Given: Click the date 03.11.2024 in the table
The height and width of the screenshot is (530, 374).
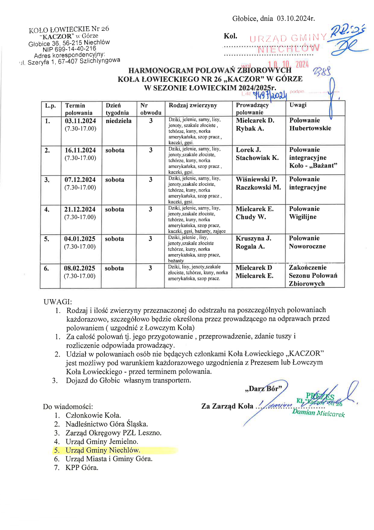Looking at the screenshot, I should [80, 121].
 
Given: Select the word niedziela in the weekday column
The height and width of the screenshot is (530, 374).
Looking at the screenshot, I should [119, 121].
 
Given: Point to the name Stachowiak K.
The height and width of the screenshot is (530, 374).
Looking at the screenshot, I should [257, 158].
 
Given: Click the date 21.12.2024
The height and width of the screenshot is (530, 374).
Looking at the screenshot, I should [80, 209].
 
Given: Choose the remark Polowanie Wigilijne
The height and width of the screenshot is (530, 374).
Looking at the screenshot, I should [304, 213].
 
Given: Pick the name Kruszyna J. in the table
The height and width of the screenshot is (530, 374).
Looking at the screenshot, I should [253, 238].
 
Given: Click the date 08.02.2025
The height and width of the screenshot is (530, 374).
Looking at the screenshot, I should [79, 268].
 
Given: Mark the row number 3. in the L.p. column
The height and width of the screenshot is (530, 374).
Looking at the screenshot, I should [47, 180].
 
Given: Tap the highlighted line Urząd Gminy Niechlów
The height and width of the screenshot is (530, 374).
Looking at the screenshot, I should [103, 450].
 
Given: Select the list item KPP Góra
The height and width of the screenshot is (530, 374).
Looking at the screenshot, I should [82, 468].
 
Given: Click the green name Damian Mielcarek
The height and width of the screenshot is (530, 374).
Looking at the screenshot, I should [318, 413].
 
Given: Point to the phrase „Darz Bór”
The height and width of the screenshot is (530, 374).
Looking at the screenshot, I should [264, 389].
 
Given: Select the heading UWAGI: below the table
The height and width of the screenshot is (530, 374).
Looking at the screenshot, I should [58, 302].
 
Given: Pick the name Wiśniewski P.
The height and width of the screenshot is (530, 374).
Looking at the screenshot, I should [256, 179].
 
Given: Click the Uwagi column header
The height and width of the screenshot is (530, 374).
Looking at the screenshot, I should [298, 105].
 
